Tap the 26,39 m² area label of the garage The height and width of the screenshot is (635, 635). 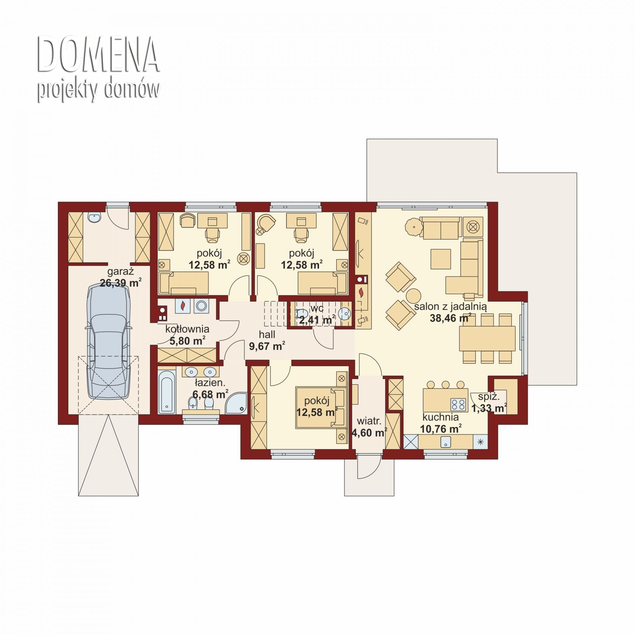[x=121, y=282]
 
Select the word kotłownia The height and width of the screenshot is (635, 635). [x=187, y=329]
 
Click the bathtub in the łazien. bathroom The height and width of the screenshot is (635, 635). [x=166, y=391]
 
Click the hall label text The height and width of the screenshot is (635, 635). [x=267, y=335]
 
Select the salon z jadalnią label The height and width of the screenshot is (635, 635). [x=450, y=307]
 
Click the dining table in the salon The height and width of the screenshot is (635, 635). [x=487, y=338]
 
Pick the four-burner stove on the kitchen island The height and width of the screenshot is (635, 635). [x=458, y=404]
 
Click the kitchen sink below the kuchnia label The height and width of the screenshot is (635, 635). [x=446, y=441]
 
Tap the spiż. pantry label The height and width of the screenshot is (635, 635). [x=489, y=397]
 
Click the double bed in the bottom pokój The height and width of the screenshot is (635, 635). [x=321, y=407]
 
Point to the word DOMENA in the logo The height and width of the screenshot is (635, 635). [x=98, y=55]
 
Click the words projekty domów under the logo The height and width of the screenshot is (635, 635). [x=98, y=90]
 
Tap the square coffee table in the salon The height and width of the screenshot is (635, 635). [x=441, y=259]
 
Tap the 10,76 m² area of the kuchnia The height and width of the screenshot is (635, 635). [x=441, y=429]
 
